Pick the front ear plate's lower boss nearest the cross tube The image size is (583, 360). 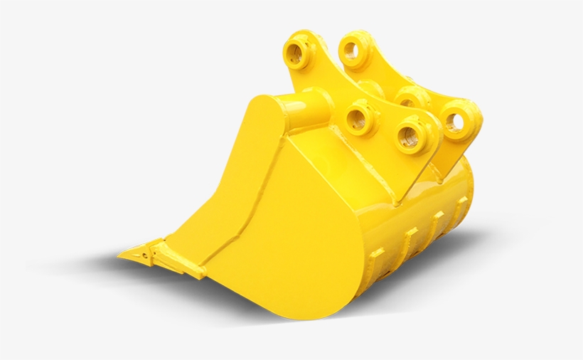pyautogui.click(x=360, y=118)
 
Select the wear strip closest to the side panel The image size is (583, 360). pyautogui.click(x=375, y=260)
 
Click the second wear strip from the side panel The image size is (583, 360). pyautogui.click(x=411, y=238)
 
